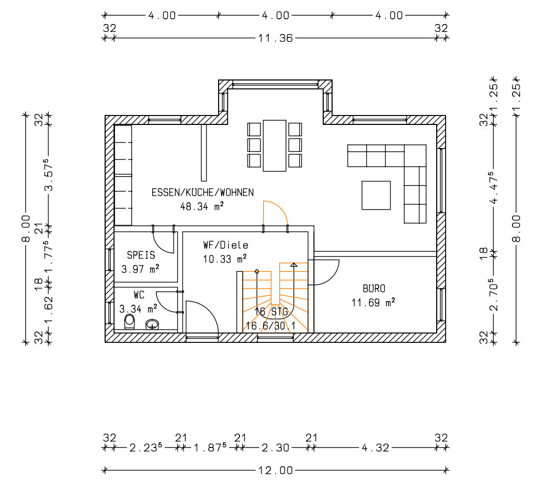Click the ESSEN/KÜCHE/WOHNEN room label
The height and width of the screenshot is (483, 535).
click(x=203, y=192)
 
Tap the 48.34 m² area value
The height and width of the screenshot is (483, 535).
click(x=202, y=206)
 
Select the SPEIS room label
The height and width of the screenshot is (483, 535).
click(x=141, y=255)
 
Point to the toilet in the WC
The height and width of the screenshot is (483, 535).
click(x=129, y=321)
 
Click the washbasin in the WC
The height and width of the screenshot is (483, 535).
click(x=152, y=324)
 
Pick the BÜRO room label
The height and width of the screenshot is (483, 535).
click(x=374, y=289)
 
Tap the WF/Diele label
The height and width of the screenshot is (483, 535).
click(x=225, y=245)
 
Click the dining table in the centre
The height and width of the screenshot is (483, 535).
click(x=275, y=146)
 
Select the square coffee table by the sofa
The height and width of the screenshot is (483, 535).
click(x=376, y=195)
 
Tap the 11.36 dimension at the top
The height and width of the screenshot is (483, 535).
click(x=276, y=38)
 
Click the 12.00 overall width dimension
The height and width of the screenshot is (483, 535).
click(x=276, y=470)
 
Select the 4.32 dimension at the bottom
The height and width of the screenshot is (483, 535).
click(x=375, y=447)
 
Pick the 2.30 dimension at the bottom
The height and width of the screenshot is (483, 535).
click(x=276, y=447)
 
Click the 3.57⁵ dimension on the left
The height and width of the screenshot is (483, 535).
click(x=49, y=174)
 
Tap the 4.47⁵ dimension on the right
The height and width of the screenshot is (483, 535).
click(x=493, y=187)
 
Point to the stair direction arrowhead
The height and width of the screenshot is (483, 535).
click(x=294, y=264)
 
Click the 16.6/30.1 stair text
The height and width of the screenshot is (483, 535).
click(x=270, y=326)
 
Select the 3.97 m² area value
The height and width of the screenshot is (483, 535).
click(x=140, y=269)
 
